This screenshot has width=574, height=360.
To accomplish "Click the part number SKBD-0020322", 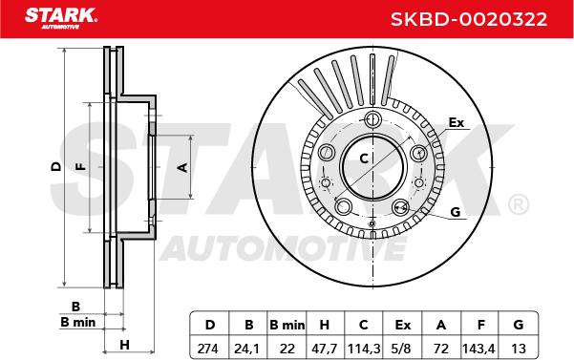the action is click(x=469, y=19).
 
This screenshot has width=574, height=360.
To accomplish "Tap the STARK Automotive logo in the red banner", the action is click(x=61, y=18).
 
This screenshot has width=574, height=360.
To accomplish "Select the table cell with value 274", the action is click(x=207, y=349).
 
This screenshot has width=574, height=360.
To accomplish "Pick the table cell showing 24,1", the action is click(x=247, y=349).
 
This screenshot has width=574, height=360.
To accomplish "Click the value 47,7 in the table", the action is click(x=324, y=349).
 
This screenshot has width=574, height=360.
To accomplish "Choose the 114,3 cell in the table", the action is click(x=364, y=349).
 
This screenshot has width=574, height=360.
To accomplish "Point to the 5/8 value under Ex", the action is click(x=401, y=349).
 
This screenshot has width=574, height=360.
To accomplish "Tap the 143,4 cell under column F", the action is click(x=478, y=349).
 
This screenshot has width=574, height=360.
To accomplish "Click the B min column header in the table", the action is click(x=287, y=325).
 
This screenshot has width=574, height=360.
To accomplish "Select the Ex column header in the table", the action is click(x=403, y=325).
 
